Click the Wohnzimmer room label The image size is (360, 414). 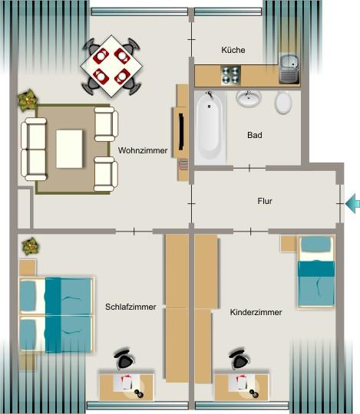(143, 151)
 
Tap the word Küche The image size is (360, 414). (233, 50)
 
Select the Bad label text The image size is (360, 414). (255, 136)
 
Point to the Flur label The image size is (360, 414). (265, 202)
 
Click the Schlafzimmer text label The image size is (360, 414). (130, 307)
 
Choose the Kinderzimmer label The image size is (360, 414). (256, 312)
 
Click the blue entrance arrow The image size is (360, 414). (353, 203)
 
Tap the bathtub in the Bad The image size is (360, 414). (209, 127)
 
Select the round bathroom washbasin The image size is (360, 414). (248, 98)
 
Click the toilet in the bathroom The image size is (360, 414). (282, 101)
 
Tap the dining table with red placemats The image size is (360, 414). (112, 65)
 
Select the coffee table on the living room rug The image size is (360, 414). (69, 147)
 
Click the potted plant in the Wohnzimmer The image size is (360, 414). (28, 98)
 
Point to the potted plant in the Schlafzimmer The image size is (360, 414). (30, 246)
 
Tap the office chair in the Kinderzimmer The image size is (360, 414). (240, 360)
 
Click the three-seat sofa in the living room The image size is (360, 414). (34, 147)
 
